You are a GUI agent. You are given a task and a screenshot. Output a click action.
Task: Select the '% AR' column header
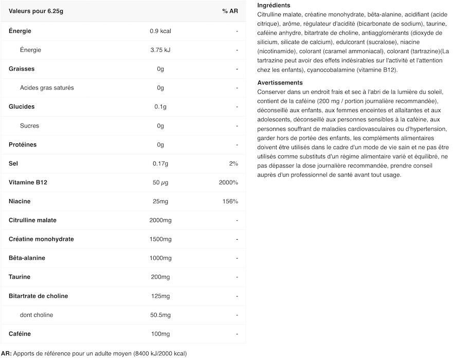tap(230, 11)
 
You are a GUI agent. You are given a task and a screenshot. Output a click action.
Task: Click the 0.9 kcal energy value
tap(160, 31)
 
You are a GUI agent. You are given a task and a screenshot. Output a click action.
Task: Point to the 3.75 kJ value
tap(160, 50)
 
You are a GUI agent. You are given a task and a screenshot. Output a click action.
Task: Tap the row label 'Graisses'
tap(22, 69)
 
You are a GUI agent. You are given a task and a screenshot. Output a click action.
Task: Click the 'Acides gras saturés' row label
tap(47, 88)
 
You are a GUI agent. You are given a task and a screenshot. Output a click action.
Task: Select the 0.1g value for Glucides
tap(160, 107)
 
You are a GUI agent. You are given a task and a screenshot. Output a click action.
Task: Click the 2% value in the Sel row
tap(233, 164)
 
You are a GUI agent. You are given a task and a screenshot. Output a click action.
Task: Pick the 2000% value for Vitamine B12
tap(228, 183)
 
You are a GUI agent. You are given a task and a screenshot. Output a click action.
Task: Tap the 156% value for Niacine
tap(230, 201)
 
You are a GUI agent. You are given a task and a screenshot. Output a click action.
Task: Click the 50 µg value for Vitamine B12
tap(160, 183)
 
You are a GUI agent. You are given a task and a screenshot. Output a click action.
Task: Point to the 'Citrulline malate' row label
tap(32, 220)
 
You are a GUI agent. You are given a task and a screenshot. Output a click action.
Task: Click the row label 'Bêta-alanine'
tap(27, 258)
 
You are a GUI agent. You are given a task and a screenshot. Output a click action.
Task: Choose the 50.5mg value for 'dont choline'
tap(160, 315)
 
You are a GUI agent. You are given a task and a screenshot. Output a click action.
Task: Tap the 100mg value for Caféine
tap(160, 334)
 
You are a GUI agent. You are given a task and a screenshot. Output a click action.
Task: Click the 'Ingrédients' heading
tap(274, 5)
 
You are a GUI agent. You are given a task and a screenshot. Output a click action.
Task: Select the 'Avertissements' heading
tap(280, 83)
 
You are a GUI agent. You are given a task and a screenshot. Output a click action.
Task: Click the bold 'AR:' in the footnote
tap(6, 353)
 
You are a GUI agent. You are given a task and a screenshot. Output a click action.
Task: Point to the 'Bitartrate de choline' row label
tap(39, 296)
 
